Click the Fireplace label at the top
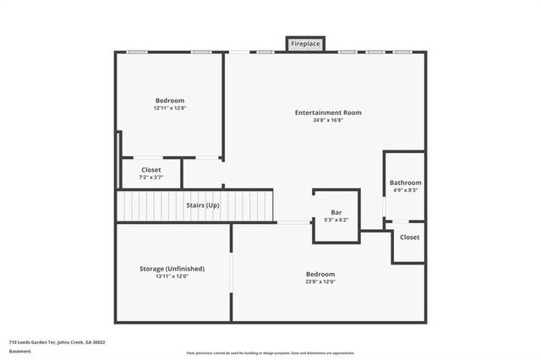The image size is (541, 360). (x=304, y=43)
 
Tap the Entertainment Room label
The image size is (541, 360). (x=328, y=112)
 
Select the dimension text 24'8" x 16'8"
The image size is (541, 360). (x=328, y=120)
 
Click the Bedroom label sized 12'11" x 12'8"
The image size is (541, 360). (x=169, y=101)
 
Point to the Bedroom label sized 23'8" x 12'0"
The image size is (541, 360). (x=320, y=274)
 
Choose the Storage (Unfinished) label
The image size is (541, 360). (x=172, y=269)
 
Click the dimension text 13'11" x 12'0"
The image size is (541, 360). (x=172, y=276)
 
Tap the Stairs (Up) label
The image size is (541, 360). (x=203, y=205)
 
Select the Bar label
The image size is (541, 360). (x=336, y=212)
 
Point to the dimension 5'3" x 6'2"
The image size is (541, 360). (x=336, y=220)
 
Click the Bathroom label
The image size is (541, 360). (x=405, y=183)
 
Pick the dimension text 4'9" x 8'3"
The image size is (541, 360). (x=405, y=190)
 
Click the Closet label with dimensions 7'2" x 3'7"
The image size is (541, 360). (x=150, y=170)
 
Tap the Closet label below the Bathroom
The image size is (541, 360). (x=409, y=237)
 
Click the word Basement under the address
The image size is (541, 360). (x=19, y=350)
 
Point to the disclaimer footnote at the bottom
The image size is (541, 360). (x=270, y=353)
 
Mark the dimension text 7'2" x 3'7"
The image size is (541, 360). (x=150, y=177)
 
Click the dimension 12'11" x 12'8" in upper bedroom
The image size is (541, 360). (x=169, y=108)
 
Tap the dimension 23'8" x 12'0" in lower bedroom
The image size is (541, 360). (x=320, y=281)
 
